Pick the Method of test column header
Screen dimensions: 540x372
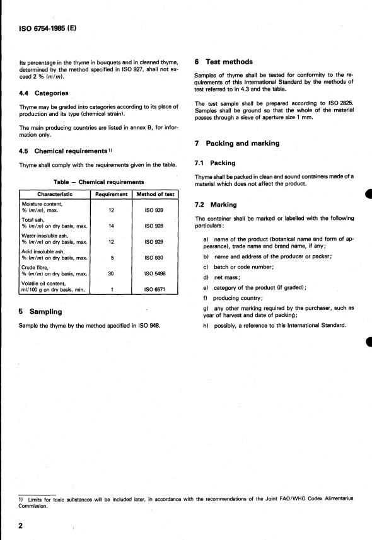(154, 194)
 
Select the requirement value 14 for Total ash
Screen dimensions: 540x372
(111, 225)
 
